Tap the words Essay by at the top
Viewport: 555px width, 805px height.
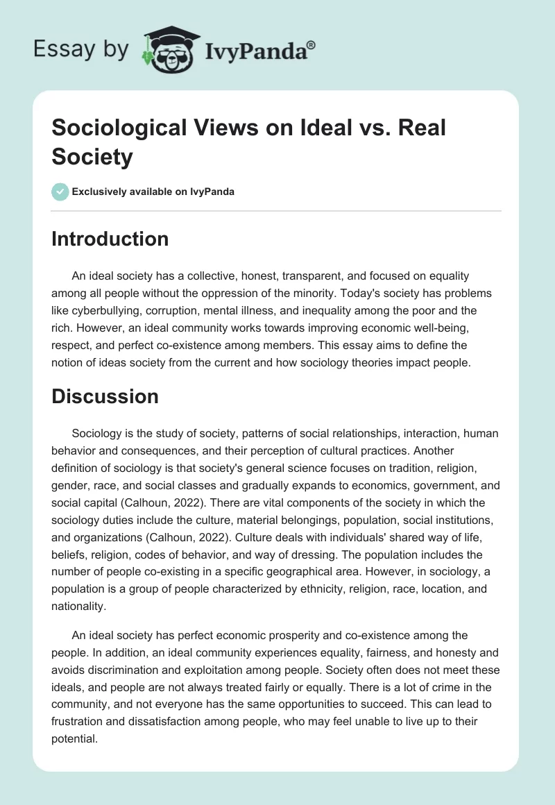tap(83, 49)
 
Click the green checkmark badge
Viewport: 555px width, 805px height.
tap(60, 192)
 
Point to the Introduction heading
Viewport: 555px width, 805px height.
tap(110, 239)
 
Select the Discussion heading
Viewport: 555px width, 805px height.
tap(105, 396)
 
